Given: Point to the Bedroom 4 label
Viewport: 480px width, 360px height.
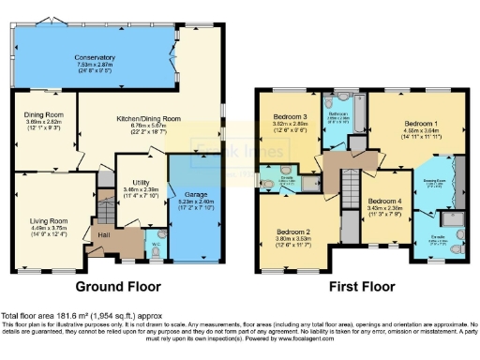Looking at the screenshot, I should (384, 203).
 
